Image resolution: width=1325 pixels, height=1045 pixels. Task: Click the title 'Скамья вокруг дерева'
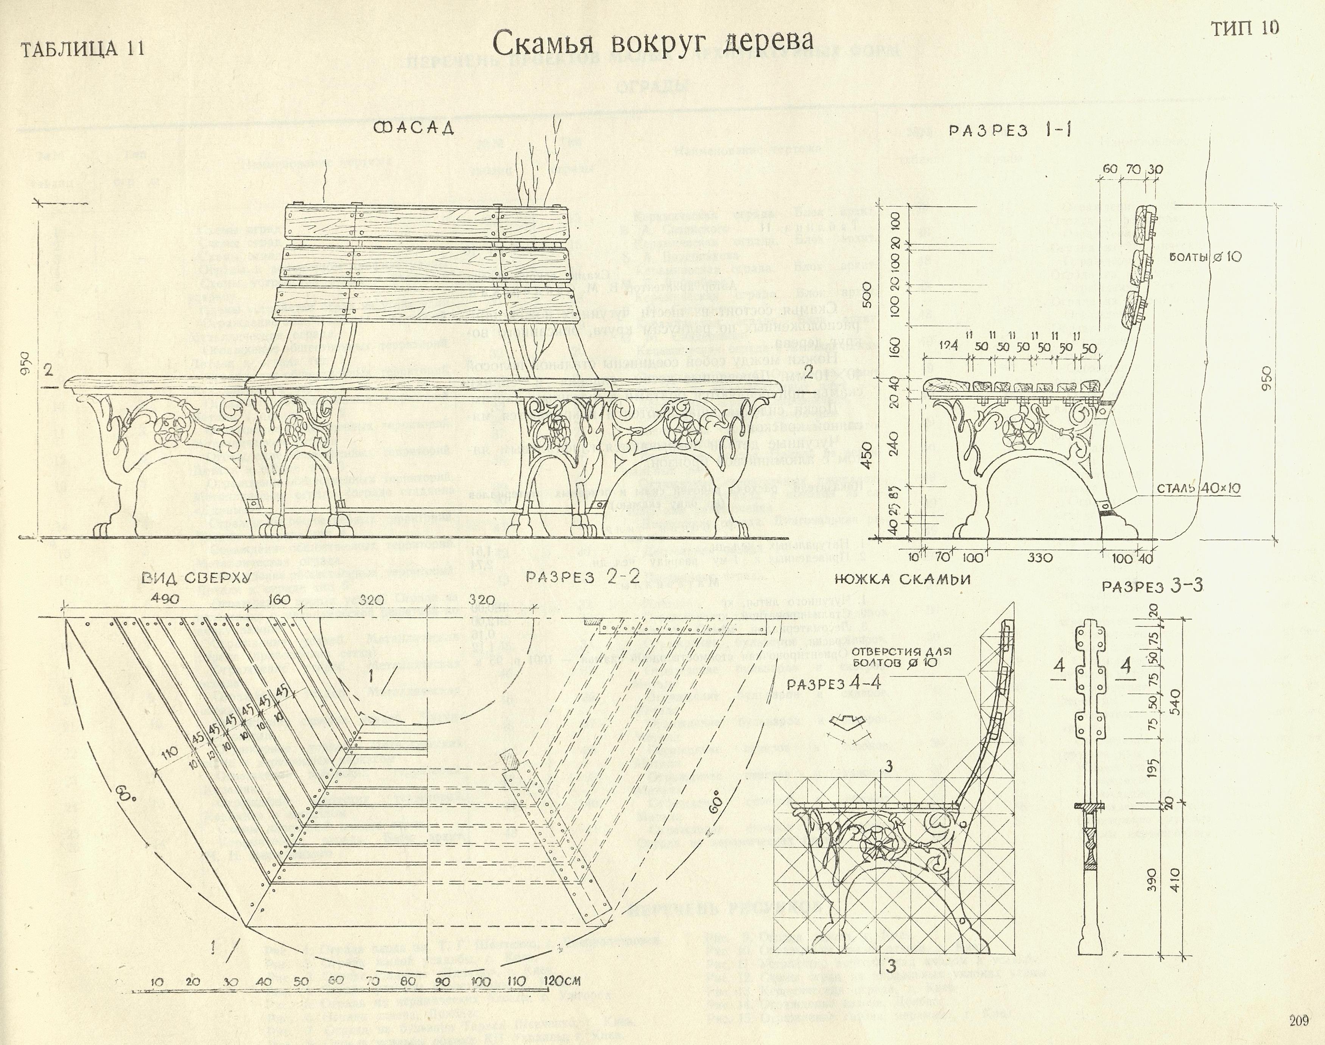(652, 42)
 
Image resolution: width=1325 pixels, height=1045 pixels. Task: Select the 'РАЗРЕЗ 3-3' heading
(1152, 586)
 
